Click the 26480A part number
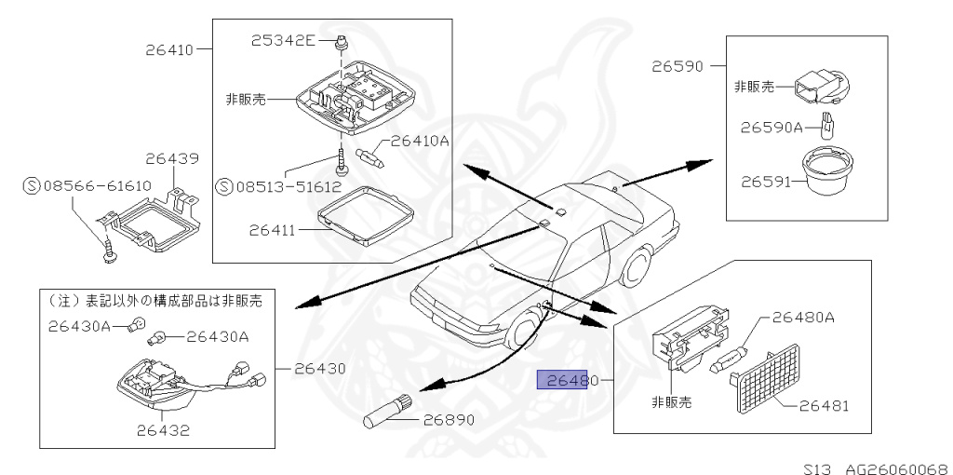click(x=803, y=318)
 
